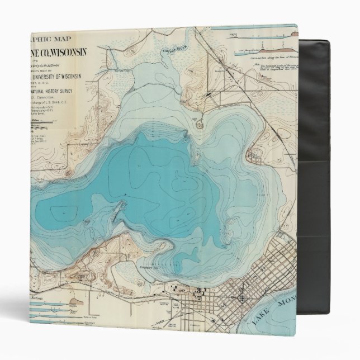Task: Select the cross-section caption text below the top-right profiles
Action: pyautogui.click(x=263, y=56)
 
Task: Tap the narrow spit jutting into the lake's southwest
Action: pyautogui.click(x=115, y=212)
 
